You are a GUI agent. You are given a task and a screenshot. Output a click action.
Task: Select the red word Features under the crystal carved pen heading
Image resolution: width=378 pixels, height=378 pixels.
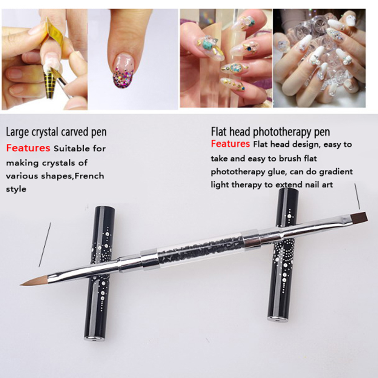tap(28, 148)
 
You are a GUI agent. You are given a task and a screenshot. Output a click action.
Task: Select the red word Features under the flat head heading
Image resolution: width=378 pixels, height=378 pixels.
tap(230, 144)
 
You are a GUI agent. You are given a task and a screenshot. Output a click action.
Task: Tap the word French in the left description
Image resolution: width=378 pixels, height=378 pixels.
tap(89, 176)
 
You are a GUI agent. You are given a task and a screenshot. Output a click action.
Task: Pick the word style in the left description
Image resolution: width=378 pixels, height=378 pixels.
tap(16, 189)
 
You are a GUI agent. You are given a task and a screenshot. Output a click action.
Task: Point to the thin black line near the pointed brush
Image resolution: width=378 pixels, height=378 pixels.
tap(45, 244)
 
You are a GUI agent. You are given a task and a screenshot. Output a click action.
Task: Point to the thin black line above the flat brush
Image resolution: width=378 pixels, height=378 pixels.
tap(357, 196)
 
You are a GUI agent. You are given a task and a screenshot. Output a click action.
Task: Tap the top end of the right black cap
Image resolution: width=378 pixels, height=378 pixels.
tap(288, 191)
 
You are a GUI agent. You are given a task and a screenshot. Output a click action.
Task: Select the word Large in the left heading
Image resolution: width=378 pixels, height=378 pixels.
tap(16, 132)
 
